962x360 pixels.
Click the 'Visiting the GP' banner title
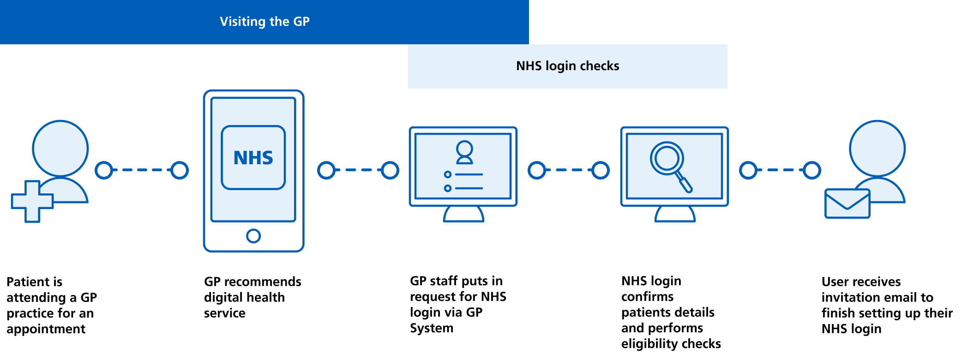coord(265,22)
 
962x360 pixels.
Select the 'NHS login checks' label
coord(567,66)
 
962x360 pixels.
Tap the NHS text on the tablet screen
coord(253,158)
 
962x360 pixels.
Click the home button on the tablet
coord(253,236)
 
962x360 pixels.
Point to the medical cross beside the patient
coord(32,201)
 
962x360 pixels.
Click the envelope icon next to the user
coord(847,204)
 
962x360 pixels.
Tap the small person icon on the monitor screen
coord(464,152)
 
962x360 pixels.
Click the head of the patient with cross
coord(60,148)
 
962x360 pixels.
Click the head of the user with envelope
coord(877,148)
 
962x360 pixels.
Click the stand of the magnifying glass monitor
coord(674,214)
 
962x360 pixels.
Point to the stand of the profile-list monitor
coord(463,214)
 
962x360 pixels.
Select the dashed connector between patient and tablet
coord(142,170)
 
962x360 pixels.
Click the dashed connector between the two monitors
coord(569,170)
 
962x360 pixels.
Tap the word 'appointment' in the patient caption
coord(46,329)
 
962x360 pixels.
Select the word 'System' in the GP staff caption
coord(432,328)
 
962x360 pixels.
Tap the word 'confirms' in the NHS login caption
coord(647,297)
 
